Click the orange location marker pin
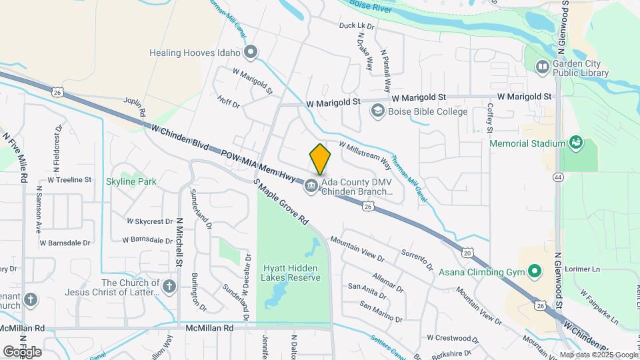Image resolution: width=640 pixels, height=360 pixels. tap(320, 159)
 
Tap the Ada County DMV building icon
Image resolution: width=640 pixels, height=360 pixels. tap(311, 187)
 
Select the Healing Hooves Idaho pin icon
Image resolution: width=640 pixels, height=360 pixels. tap(251, 51)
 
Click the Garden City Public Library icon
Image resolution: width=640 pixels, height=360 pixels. tap(543, 67)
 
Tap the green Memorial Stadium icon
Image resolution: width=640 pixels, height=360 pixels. tap(573, 143)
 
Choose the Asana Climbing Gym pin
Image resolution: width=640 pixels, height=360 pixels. tap(534, 271)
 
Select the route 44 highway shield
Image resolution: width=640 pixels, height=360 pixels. tap(558, 177)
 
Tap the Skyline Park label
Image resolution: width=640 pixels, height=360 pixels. tap(131, 181)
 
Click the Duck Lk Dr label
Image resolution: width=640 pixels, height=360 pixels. tap(357, 26)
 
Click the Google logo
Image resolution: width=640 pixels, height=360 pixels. tap(22, 351)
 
